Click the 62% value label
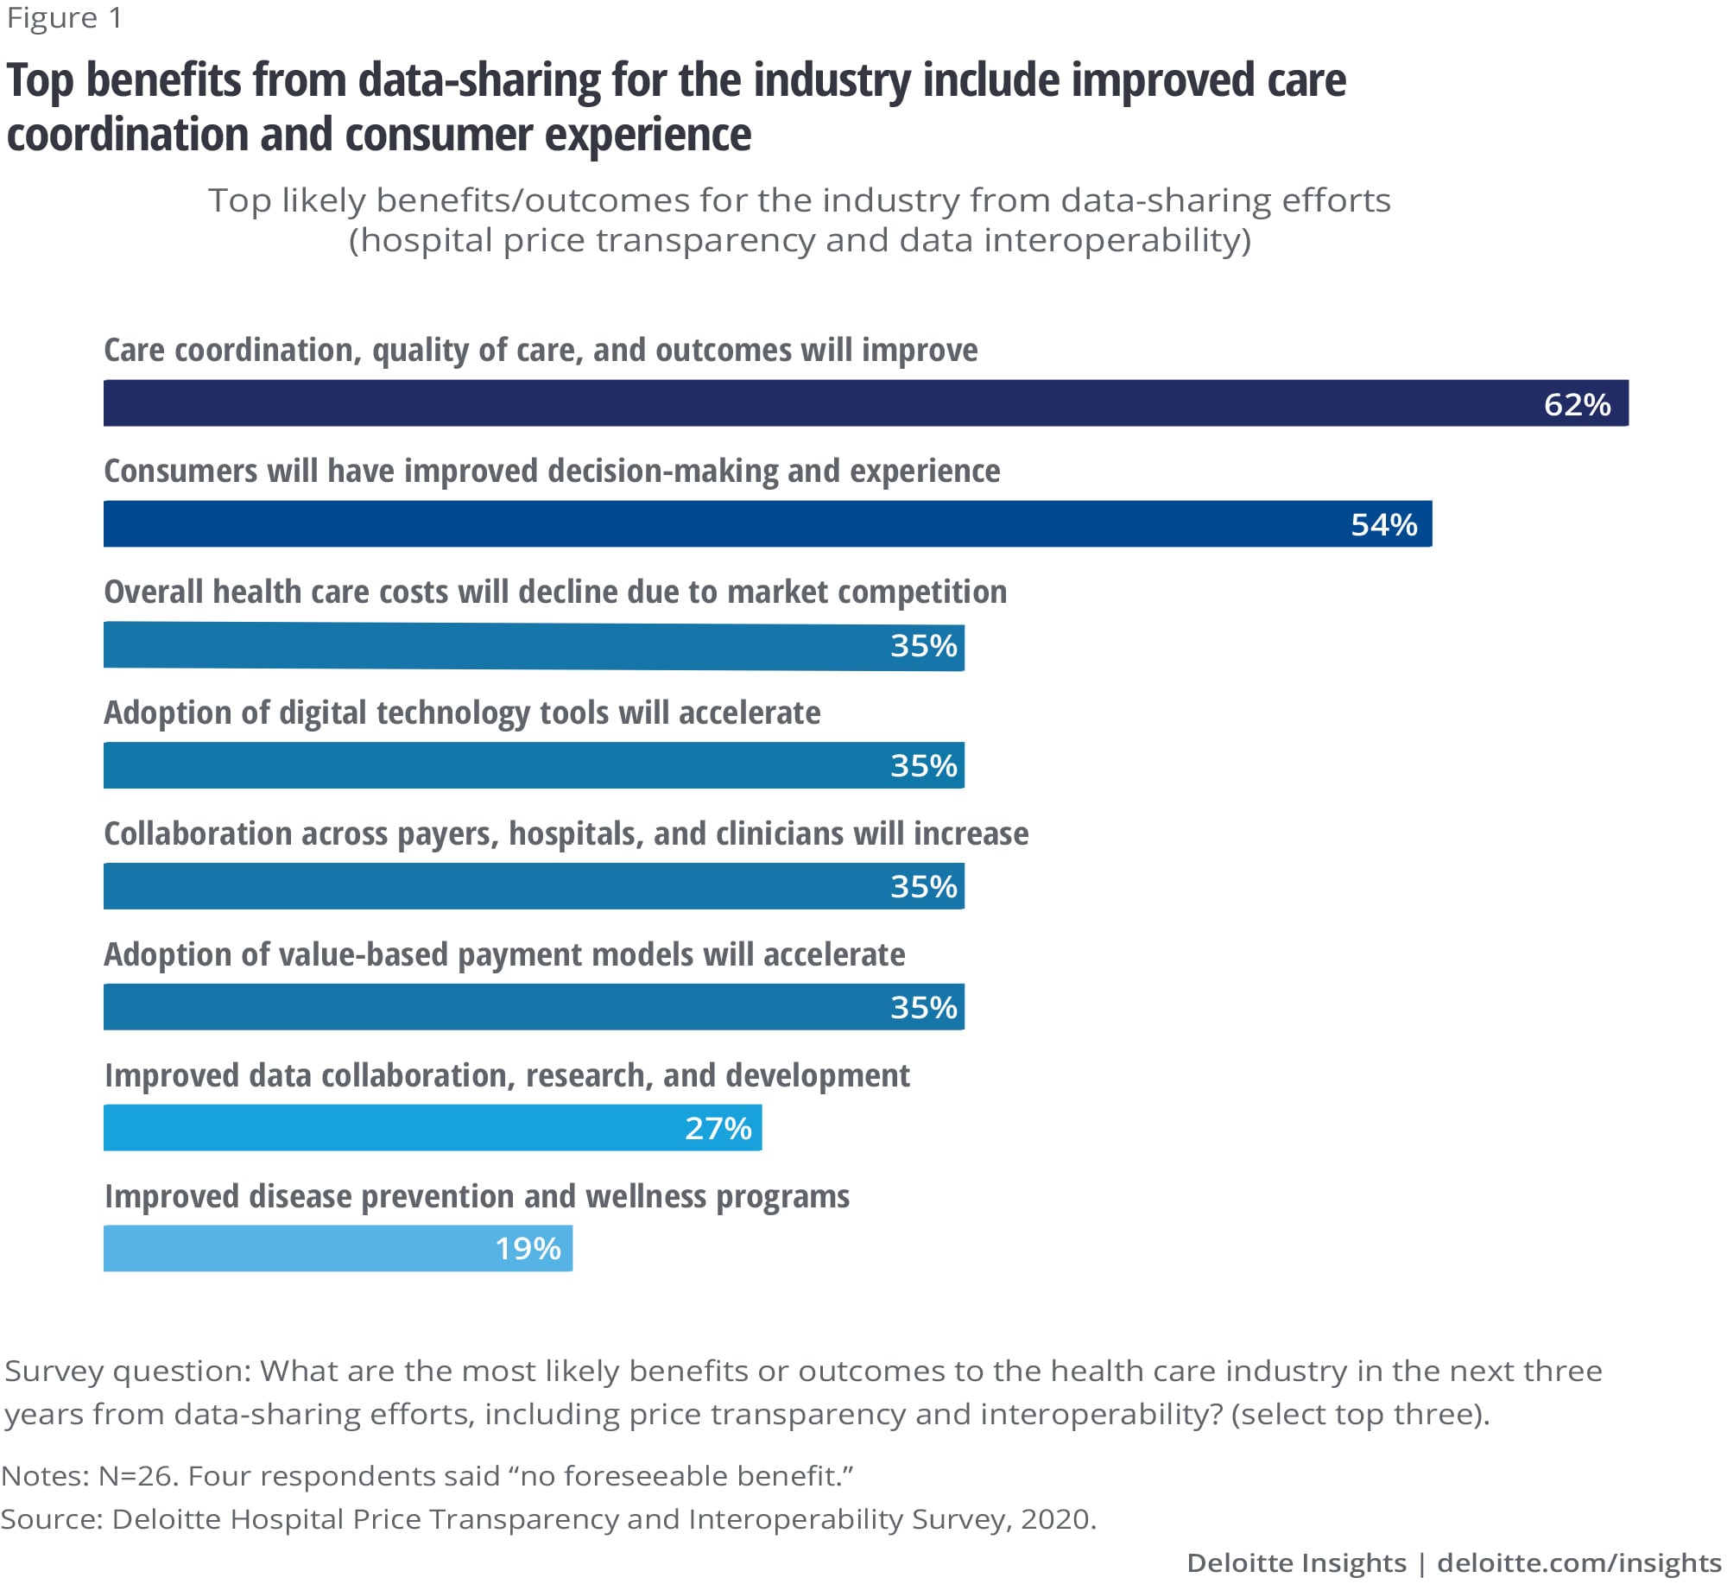(x=1577, y=404)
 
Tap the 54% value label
(x=1383, y=524)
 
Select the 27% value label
(x=718, y=1128)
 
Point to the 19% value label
(x=528, y=1248)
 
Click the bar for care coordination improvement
(x=777, y=403)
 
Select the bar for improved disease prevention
(x=294, y=1248)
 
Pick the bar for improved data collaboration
(x=389, y=1128)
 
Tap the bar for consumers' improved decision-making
(x=691, y=524)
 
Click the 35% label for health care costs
(x=924, y=645)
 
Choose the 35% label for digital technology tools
(x=924, y=765)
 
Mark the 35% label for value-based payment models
(x=924, y=1007)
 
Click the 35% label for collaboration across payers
(x=924, y=886)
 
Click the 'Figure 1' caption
(x=65, y=18)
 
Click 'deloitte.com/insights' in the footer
(x=1578, y=1562)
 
